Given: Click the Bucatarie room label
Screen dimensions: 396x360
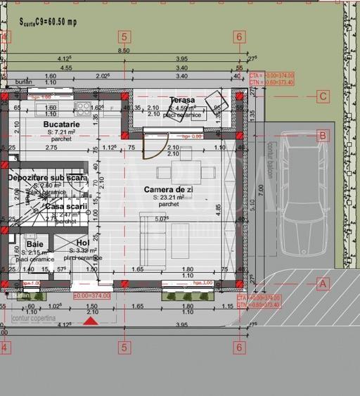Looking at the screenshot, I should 61,124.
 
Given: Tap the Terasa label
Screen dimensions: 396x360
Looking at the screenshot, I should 182,101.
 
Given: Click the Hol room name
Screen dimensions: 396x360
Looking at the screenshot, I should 82,243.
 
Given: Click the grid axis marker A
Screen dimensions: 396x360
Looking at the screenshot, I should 323,283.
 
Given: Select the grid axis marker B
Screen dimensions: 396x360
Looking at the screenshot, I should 323,136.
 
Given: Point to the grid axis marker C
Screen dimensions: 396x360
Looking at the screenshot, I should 323,96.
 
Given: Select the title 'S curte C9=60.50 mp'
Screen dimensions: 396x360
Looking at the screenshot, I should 48,22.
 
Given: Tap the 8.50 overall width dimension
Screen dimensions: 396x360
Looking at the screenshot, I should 123,51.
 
